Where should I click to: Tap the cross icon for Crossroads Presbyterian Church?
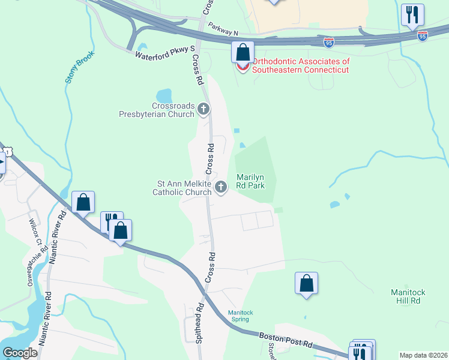pos(203,109)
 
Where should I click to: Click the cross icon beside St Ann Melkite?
pos(221,187)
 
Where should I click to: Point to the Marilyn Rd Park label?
pos(250,181)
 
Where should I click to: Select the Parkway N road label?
pos(223,29)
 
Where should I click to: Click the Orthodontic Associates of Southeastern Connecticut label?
pos(301,65)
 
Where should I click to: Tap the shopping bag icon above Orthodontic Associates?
pos(243,52)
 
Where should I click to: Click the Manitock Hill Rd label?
pos(408,296)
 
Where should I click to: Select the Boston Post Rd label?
pos(286,340)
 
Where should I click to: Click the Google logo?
pos(20,353)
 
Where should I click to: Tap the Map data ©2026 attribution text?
pos(423,355)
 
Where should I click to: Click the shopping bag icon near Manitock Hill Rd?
pos(306,283)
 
